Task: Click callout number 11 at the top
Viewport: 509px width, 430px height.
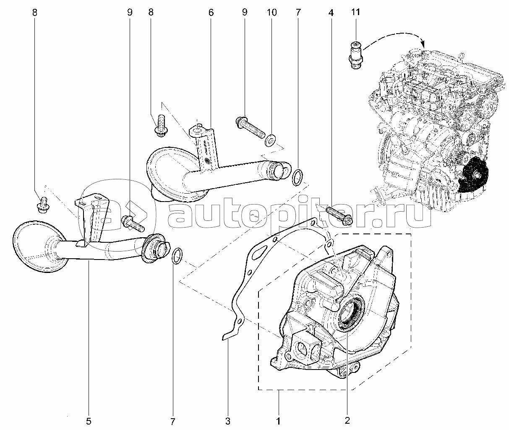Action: tap(355, 12)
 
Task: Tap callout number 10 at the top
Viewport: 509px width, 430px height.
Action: tap(271, 12)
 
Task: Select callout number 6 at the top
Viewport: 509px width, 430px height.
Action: tap(211, 12)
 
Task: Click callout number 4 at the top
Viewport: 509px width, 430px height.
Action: tap(331, 13)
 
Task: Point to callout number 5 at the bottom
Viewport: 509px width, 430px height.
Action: tap(89, 421)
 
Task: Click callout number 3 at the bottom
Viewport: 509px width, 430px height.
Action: tap(228, 421)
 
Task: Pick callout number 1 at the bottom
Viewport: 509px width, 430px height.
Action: tap(278, 421)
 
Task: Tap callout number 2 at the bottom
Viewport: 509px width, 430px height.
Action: tap(347, 420)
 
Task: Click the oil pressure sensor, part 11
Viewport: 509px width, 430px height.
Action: tap(355, 55)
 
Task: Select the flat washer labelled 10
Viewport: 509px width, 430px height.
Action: tap(270, 140)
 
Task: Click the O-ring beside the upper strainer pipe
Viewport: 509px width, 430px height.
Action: tap(298, 177)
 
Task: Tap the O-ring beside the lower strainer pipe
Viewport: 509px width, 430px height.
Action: tap(177, 256)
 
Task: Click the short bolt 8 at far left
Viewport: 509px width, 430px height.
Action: tap(43, 205)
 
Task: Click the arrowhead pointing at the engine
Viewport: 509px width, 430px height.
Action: tap(423, 44)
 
